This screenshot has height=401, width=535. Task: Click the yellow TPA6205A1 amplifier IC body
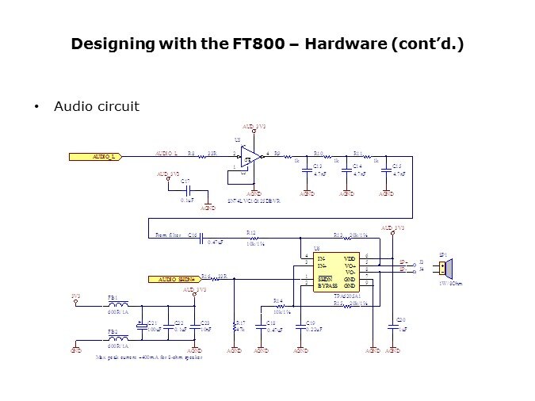pos(337,272)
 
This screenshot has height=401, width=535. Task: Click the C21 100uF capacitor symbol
pos(144,324)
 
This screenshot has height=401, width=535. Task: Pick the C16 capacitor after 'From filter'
pos(201,236)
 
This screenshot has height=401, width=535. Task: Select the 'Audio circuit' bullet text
pos(96,106)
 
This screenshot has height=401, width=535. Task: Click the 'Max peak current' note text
pos(149,357)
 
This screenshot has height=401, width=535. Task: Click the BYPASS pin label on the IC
pos(328,285)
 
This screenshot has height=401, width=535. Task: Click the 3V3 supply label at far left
pos(76,296)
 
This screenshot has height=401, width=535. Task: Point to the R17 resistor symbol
pos(235,324)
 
